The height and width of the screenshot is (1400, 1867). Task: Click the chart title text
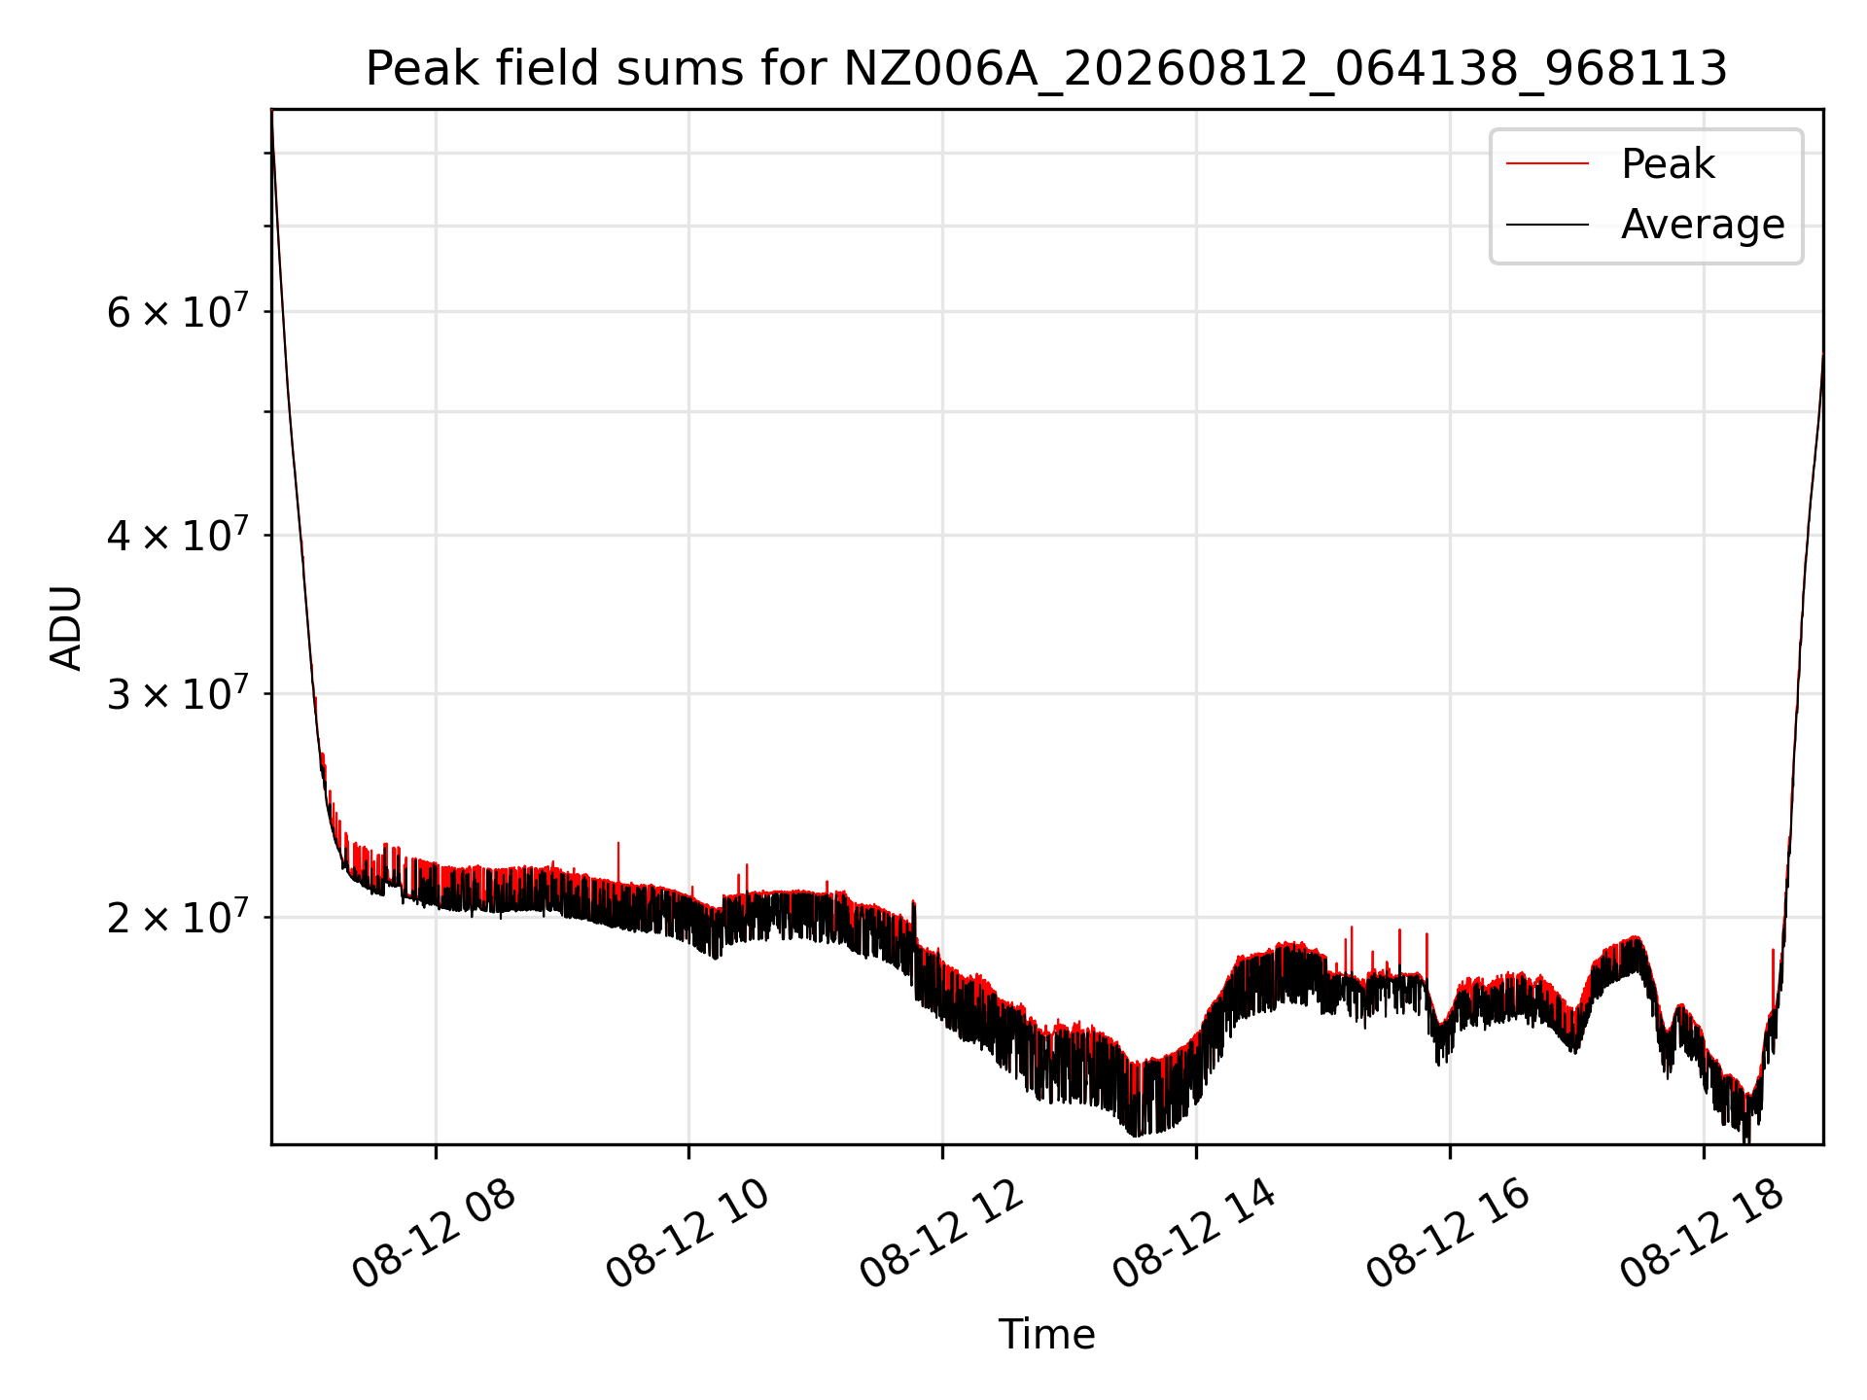click(x=1046, y=69)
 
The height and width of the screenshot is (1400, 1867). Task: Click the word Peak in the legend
click(x=1668, y=163)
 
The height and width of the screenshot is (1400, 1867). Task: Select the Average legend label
click(x=1703, y=225)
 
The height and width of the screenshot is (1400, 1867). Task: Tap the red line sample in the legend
click(x=1547, y=163)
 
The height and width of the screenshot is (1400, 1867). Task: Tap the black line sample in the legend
click(x=1547, y=225)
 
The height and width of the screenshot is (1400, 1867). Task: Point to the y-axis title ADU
click(x=66, y=627)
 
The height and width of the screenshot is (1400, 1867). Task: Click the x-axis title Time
click(x=1046, y=1334)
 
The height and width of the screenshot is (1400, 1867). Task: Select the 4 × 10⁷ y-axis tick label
click(x=178, y=534)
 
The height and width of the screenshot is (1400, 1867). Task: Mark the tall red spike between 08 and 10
click(x=618, y=860)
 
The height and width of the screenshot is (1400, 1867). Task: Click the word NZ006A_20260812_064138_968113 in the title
click(x=1286, y=69)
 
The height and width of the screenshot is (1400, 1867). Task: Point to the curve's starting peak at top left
click(x=272, y=113)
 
